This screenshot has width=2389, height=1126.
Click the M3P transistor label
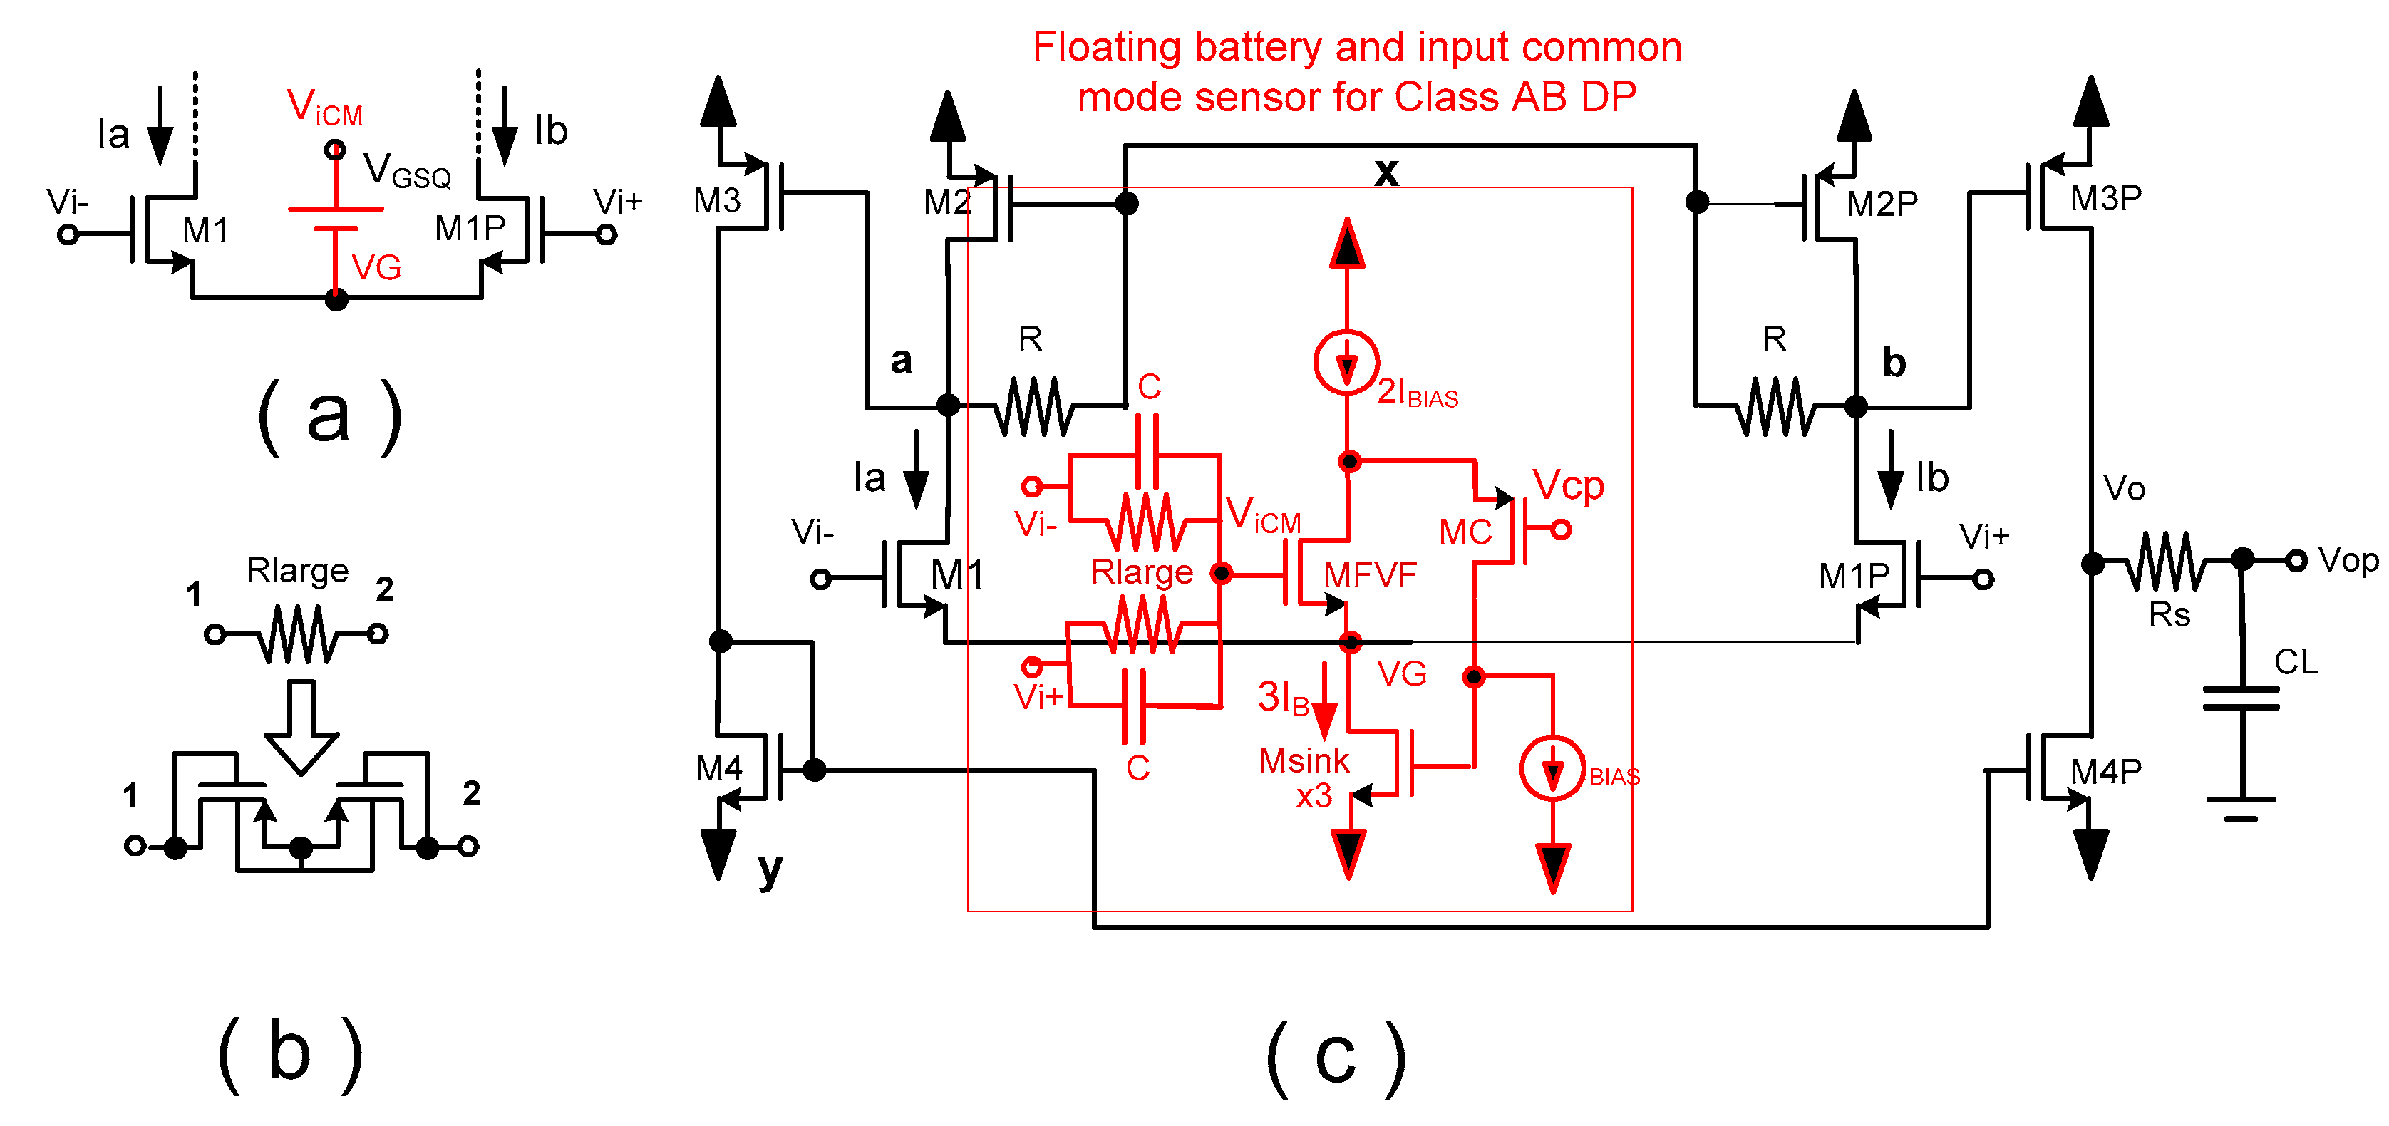pyautogui.click(x=2105, y=199)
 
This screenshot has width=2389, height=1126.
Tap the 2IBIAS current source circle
pyautogui.click(x=1346, y=362)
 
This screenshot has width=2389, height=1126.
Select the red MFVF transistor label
pyautogui.click(x=1369, y=575)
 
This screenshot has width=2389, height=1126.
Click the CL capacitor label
pyautogui.click(x=2296, y=661)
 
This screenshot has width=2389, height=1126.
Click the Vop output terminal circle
pyautogui.click(x=2296, y=560)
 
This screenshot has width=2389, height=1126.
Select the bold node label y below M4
pyautogui.click(x=770, y=868)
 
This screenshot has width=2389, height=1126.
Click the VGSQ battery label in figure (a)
pyautogui.click(x=406, y=170)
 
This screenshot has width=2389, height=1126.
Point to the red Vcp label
pyautogui.click(x=1567, y=485)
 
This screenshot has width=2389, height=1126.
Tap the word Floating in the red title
pyautogui.click(x=1108, y=47)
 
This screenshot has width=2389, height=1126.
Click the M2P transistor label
pyautogui.click(x=1881, y=204)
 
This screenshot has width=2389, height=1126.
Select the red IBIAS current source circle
pyautogui.click(x=1552, y=768)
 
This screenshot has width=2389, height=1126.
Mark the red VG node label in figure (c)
pyautogui.click(x=1401, y=673)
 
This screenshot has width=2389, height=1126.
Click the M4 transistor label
pyautogui.click(x=718, y=768)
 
